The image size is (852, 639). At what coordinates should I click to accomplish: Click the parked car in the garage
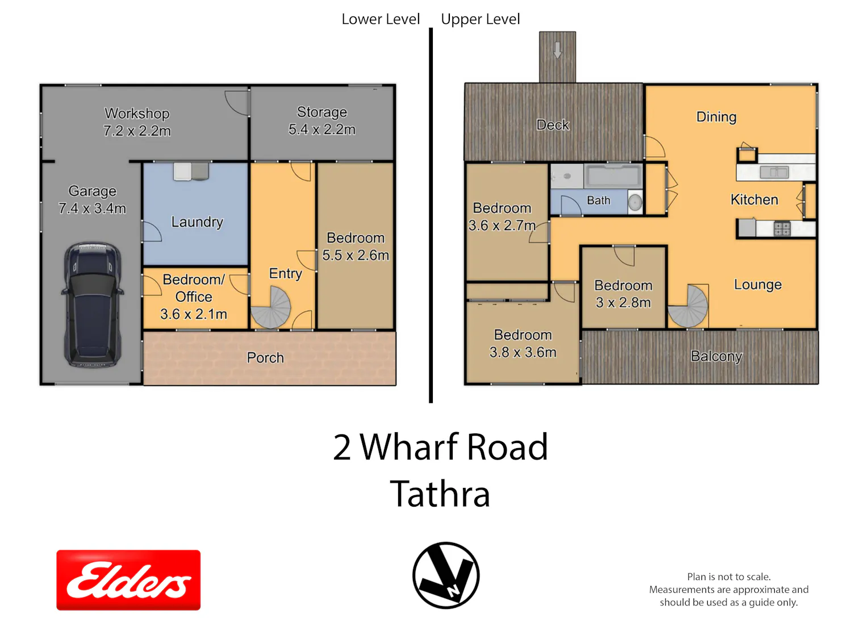pyautogui.click(x=93, y=304)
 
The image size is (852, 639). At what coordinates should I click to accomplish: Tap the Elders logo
pyautogui.click(x=128, y=579)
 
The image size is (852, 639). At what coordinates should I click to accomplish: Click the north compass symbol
pyautogui.click(x=446, y=575)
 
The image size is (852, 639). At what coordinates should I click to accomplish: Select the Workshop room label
pyautogui.click(x=137, y=114)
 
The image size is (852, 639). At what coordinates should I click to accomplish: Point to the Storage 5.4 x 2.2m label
pyautogui.click(x=322, y=120)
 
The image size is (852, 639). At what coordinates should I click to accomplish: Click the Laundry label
pyautogui.click(x=197, y=222)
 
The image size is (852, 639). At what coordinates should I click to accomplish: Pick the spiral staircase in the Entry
pyautogui.click(x=271, y=307)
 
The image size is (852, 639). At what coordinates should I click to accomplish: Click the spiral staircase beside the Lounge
pyautogui.click(x=688, y=307)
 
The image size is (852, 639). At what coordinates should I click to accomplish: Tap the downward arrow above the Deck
pyautogui.click(x=557, y=50)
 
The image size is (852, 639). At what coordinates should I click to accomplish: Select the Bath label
pyautogui.click(x=599, y=200)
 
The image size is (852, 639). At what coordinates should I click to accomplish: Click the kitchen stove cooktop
pyautogui.click(x=782, y=228)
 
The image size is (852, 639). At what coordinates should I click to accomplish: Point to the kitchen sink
pyautogui.click(x=774, y=172)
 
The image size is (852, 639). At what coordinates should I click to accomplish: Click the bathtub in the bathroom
pyautogui.click(x=613, y=176)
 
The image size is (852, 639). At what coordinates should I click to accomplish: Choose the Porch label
pyautogui.click(x=265, y=358)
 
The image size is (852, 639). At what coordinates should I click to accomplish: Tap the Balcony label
pyautogui.click(x=717, y=356)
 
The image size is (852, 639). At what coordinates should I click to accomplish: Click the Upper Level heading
pyautogui.click(x=480, y=19)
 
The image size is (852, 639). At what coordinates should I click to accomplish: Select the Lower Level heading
pyautogui.click(x=381, y=19)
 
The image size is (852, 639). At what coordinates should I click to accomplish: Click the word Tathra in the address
pyautogui.click(x=440, y=494)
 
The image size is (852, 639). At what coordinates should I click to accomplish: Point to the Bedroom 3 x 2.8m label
pyautogui.click(x=623, y=294)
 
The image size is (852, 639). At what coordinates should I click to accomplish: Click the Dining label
pyautogui.click(x=716, y=117)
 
